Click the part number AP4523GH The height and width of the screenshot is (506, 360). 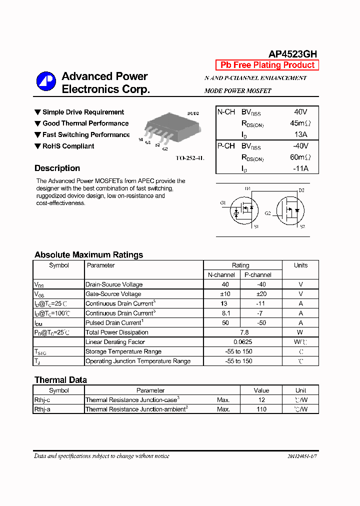[x=292, y=54]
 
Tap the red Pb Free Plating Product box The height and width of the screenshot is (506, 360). [x=267, y=65]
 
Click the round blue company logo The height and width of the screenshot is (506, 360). [x=46, y=82]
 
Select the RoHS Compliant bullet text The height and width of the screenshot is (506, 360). [x=68, y=146]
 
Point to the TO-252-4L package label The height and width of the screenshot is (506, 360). [x=189, y=158]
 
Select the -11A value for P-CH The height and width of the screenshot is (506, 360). [x=300, y=168]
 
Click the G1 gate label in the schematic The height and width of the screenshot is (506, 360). [x=223, y=202]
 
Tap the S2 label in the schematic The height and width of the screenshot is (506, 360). [x=302, y=226]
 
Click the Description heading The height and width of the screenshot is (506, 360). [x=57, y=168]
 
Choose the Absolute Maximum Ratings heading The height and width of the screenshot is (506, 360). [x=88, y=255]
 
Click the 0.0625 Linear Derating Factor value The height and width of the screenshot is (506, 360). [x=242, y=342]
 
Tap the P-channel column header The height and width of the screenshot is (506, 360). [x=258, y=275]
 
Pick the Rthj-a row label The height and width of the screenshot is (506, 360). [x=42, y=409]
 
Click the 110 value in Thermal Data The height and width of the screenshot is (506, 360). [x=261, y=409]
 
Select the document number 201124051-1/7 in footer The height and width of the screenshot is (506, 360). [x=302, y=456]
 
